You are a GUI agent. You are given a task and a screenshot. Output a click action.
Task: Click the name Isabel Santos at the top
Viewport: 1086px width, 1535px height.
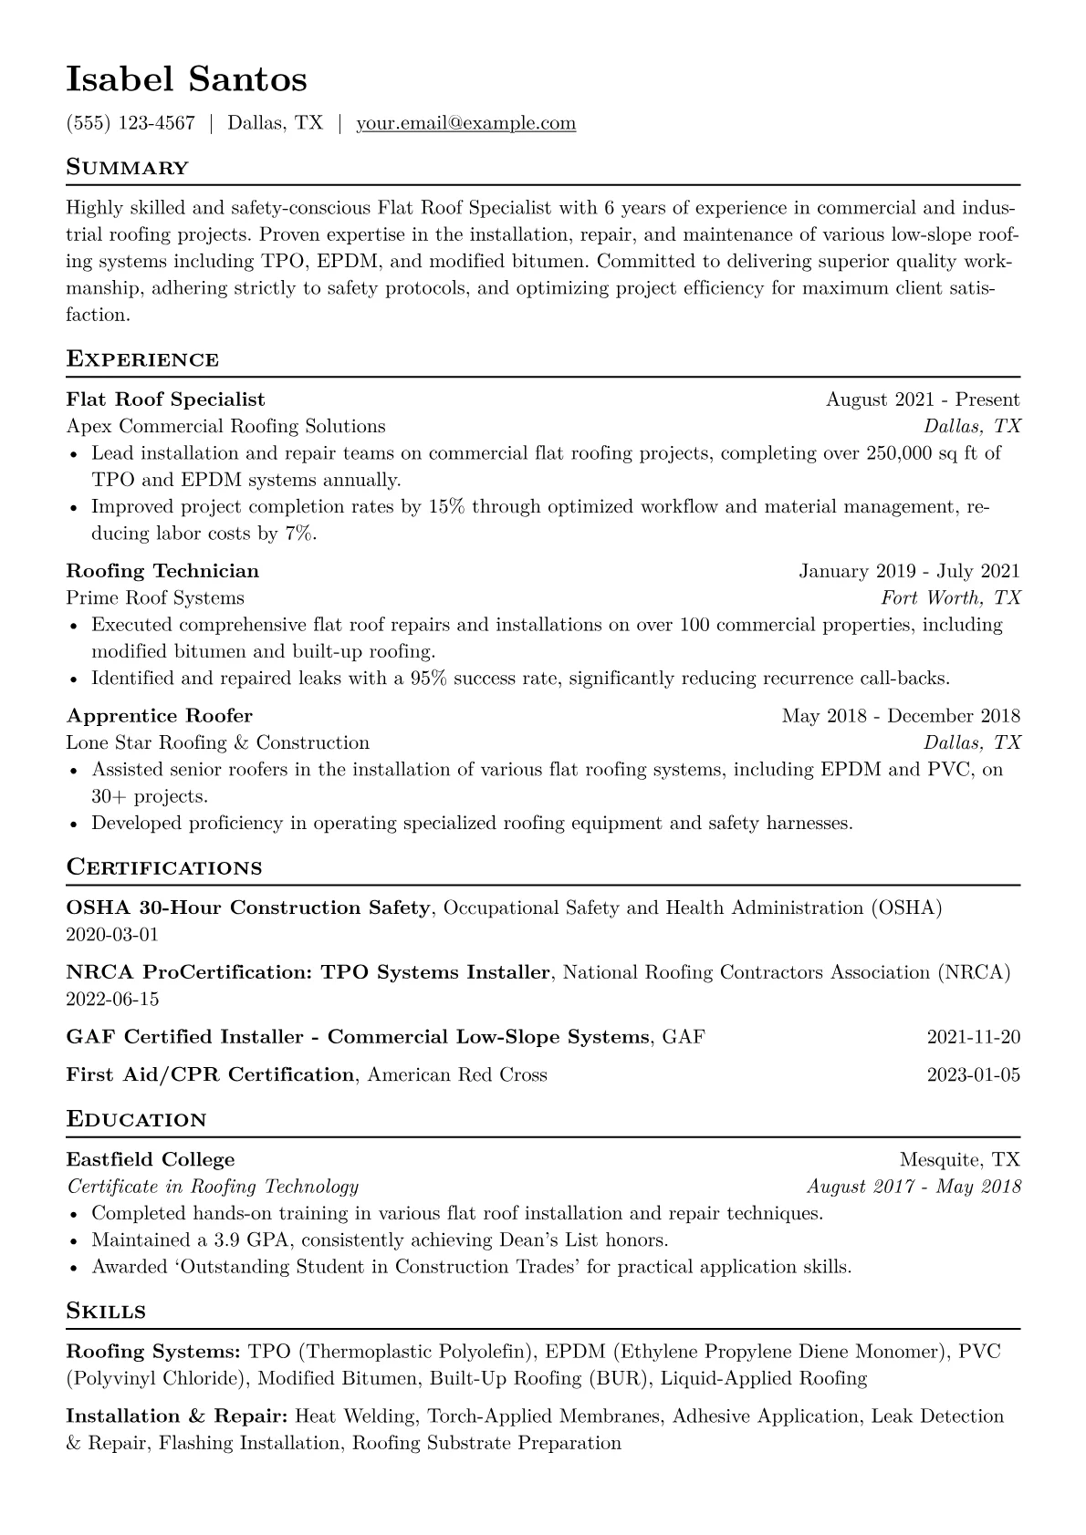point(186,79)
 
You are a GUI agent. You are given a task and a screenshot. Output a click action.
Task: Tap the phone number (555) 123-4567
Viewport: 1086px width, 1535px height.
point(131,123)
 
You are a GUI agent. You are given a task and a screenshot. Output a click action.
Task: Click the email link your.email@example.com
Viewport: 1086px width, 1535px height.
point(465,123)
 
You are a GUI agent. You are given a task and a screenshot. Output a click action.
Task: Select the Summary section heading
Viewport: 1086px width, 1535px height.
point(128,168)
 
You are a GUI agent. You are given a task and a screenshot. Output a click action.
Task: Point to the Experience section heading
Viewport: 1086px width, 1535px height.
point(142,359)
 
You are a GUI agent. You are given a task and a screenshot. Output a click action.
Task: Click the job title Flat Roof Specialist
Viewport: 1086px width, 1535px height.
point(165,399)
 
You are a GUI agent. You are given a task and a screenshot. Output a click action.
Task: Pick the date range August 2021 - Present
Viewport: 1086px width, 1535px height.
point(923,399)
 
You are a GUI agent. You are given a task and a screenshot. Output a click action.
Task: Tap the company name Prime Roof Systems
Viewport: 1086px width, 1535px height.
point(155,598)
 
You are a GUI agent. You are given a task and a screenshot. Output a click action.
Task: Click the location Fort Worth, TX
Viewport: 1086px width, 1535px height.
point(950,598)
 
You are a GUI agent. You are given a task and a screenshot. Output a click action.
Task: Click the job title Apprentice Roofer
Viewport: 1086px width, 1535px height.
point(159,716)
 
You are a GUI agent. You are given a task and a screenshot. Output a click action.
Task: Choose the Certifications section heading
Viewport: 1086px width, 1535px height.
point(164,867)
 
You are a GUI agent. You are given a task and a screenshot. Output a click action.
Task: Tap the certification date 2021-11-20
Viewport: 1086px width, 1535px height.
point(973,1037)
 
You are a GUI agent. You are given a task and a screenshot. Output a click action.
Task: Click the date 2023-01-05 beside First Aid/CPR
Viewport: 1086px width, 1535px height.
point(973,1074)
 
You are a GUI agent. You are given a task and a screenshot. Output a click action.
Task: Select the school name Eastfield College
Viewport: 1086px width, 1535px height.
point(151,1160)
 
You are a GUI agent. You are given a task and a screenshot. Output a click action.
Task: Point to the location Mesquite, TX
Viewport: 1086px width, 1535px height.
point(959,1160)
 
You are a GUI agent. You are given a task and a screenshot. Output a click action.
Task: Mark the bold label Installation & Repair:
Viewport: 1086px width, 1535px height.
point(177,1416)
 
